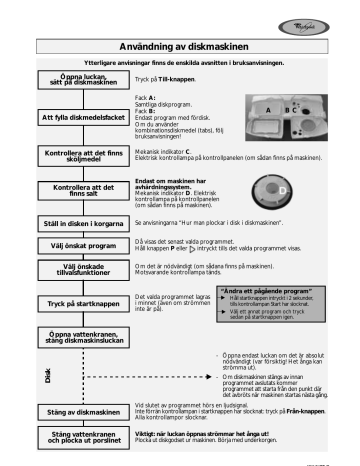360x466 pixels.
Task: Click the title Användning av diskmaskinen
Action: [179, 46]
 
